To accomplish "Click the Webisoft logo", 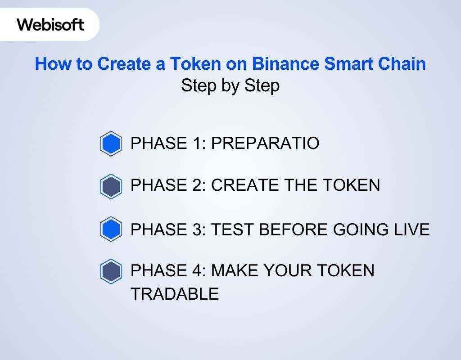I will tap(50, 24).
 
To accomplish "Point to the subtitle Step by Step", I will tap(230, 85).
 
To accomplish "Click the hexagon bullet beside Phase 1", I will tap(111, 144).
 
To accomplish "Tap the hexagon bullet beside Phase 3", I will tap(111, 229).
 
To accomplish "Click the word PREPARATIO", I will tap(265, 144).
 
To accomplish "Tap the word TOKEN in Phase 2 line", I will tap(354, 185).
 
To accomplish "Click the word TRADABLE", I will tap(175, 294).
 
